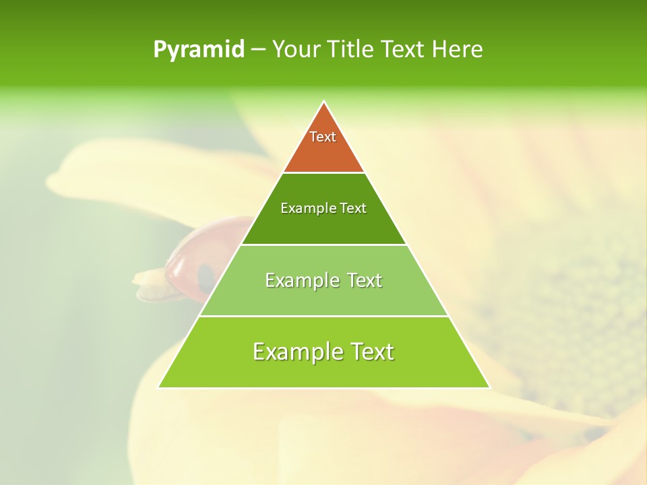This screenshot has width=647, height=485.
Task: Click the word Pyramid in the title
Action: tap(198, 50)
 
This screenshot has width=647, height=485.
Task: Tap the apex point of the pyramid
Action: tap(324, 102)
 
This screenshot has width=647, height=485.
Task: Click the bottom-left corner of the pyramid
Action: tap(159, 387)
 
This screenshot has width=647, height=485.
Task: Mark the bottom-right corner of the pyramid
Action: tap(489, 387)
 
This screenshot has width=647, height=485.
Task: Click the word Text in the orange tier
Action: tap(323, 137)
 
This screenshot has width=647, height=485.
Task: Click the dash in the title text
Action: tap(258, 50)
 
